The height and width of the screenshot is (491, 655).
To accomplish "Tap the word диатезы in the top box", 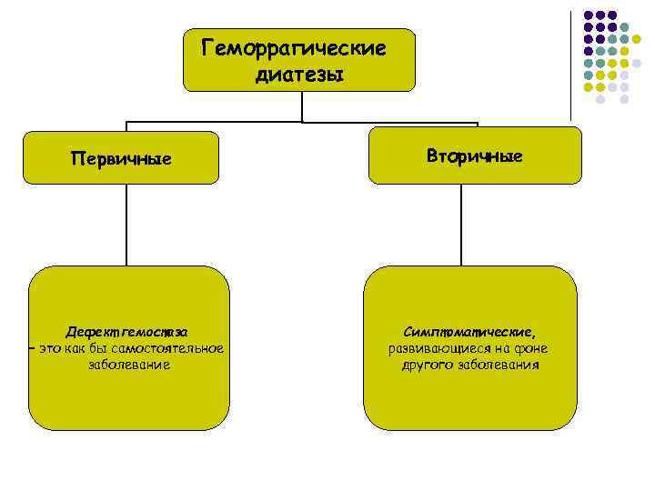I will [299, 75].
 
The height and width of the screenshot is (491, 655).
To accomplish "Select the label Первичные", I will [121, 158].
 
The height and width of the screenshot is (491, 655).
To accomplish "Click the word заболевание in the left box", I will [129, 365].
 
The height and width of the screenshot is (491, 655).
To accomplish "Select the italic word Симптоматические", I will [469, 332].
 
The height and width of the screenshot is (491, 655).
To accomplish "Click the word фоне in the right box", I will [529, 348].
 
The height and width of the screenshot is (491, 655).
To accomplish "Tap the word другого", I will [431, 365].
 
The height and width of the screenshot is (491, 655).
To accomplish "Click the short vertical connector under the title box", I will [301, 106].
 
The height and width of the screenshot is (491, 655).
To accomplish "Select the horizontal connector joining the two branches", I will [300, 122].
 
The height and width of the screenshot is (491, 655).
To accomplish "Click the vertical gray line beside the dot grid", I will [571, 64].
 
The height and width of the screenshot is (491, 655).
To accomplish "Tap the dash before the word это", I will [32, 348].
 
